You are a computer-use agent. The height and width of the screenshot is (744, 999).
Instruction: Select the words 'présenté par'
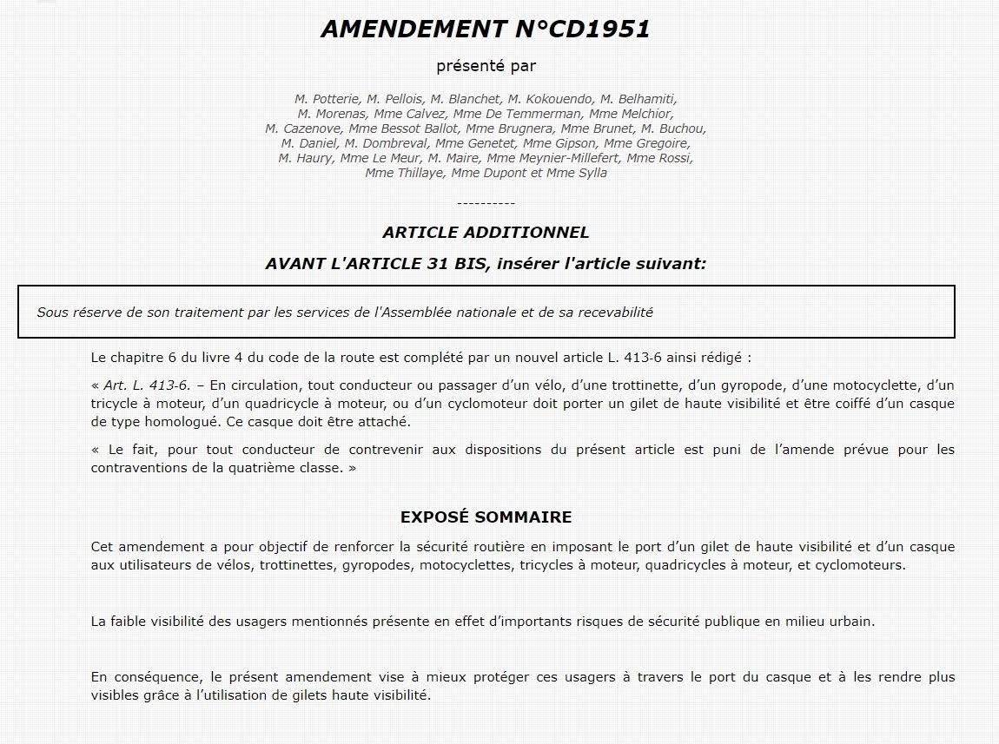pos(486,66)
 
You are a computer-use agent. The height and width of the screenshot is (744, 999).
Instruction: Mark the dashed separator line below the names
pos(486,202)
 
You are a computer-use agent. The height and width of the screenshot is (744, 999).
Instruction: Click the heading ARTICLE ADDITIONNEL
pos(486,233)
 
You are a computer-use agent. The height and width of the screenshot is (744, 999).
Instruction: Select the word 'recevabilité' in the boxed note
pos(612,312)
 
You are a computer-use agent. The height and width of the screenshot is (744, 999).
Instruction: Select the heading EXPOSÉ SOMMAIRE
pos(486,517)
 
